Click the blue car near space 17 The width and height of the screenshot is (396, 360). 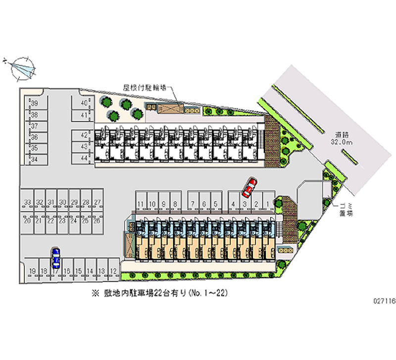pyautogui.click(x=56, y=257)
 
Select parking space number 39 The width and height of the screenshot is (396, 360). pyautogui.click(x=35, y=103)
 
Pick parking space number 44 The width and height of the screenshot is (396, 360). pyautogui.click(x=84, y=158)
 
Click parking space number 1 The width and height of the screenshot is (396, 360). pyautogui.click(x=268, y=204)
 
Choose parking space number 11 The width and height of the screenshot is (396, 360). pyautogui.click(x=192, y=204)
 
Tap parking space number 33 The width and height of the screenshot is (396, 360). pyautogui.click(x=27, y=202)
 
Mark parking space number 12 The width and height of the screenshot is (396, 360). pyautogui.click(x=113, y=271)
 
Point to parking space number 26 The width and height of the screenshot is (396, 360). pyautogui.click(x=97, y=221)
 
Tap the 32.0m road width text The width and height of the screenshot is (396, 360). pyautogui.click(x=342, y=142)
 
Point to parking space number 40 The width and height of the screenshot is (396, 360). pyautogui.click(x=85, y=103)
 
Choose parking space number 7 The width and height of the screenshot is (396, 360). pyautogui.click(x=192, y=204)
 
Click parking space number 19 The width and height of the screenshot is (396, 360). pyautogui.click(x=33, y=271)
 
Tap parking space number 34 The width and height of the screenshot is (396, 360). pyautogui.click(x=35, y=159)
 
